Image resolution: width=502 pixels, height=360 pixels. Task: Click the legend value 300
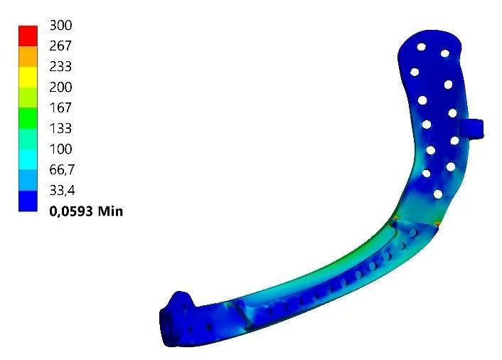click(60, 25)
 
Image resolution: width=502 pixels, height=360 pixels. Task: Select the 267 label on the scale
click(60, 46)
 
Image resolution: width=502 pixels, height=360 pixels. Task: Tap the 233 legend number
click(60, 66)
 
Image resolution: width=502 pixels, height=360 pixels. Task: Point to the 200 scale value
click(60, 87)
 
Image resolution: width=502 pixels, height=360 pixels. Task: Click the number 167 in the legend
click(60, 107)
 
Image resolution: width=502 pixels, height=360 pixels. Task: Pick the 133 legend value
click(60, 129)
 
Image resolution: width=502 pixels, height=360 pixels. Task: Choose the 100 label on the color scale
click(60, 149)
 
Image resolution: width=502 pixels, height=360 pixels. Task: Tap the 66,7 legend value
click(62, 170)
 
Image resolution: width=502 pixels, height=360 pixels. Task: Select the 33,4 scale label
click(62, 191)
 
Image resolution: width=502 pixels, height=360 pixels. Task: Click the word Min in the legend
click(110, 211)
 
